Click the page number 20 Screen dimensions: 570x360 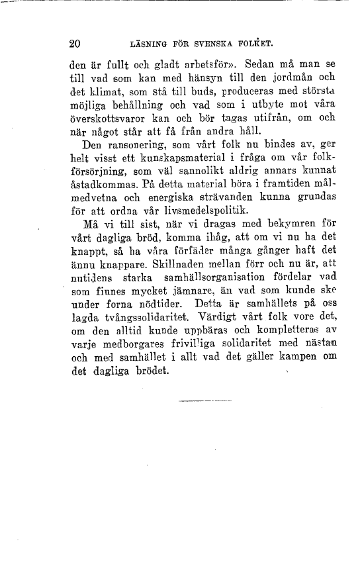tap(74, 45)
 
